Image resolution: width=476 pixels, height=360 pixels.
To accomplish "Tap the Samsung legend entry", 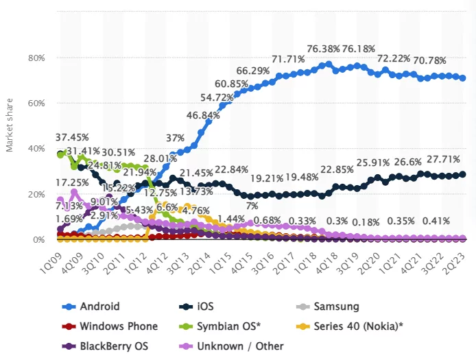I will pyautogui.click(x=336, y=307).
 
